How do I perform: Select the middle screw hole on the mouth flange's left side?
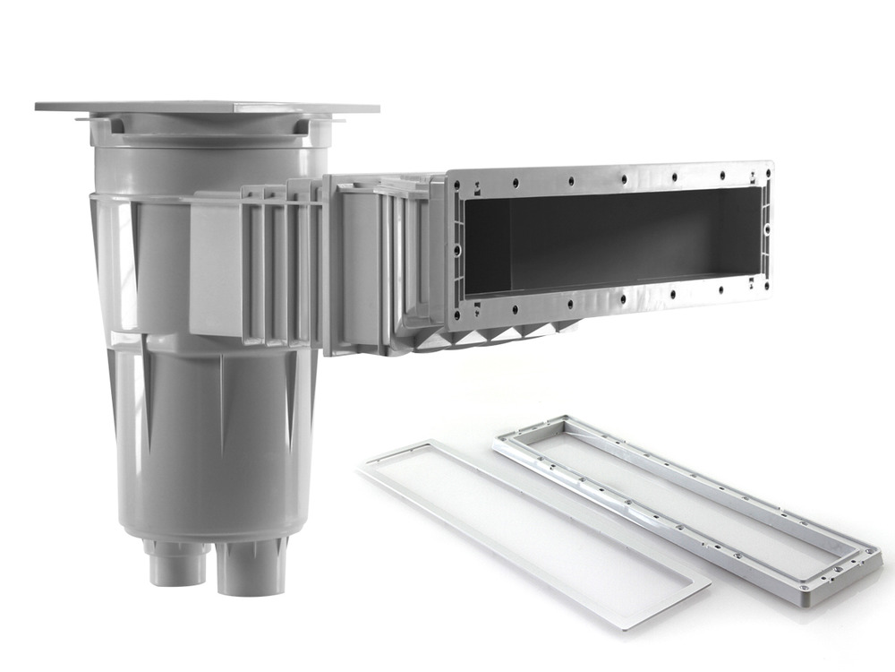coord(457,248)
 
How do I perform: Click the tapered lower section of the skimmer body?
coord(215,448)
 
